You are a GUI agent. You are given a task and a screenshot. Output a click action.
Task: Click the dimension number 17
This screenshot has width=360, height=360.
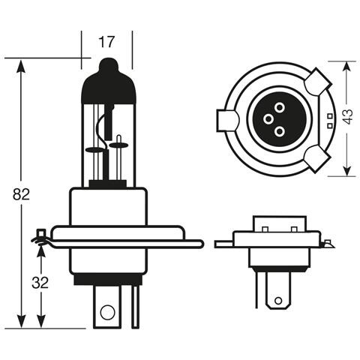(106, 43)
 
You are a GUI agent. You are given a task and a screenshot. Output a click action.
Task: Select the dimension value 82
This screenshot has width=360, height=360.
(21, 194)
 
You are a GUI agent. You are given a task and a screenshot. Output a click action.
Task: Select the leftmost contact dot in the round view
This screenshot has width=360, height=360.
(267, 119)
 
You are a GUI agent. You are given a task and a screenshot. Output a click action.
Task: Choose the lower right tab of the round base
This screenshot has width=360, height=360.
(316, 158)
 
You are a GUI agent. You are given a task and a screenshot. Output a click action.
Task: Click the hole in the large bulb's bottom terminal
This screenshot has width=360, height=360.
(106, 311)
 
